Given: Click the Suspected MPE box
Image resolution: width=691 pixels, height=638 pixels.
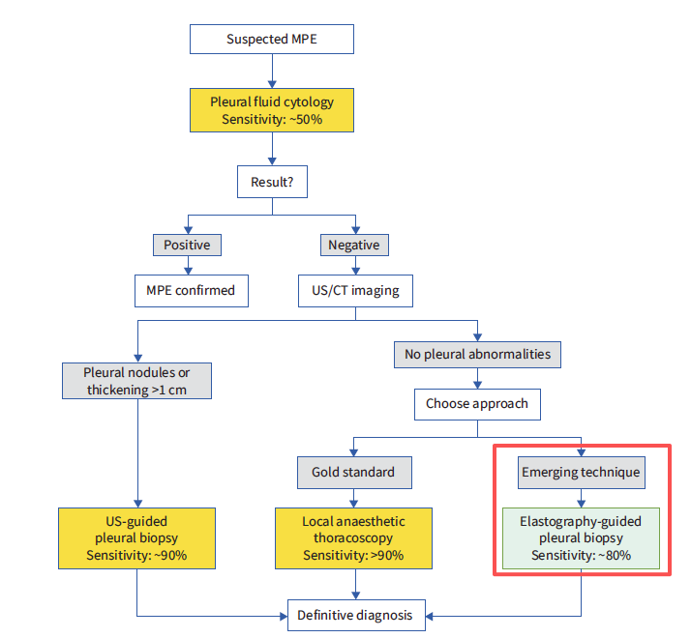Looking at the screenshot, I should [271, 40].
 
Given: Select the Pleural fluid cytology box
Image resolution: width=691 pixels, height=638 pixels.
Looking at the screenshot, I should [271, 109].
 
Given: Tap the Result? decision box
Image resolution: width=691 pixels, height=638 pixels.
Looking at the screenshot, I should [271, 181].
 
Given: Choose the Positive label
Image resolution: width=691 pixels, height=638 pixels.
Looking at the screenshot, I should [187, 246].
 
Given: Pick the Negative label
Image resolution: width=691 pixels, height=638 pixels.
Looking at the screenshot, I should [353, 246].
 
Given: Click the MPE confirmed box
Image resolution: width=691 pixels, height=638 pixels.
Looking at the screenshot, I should [191, 290].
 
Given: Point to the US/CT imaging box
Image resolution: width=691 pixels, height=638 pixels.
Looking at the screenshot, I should [355, 290].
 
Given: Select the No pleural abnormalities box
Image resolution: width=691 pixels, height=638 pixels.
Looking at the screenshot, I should [477, 354].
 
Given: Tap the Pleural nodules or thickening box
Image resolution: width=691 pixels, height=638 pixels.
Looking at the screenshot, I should [136, 381].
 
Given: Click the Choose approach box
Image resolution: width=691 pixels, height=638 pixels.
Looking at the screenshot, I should [477, 403].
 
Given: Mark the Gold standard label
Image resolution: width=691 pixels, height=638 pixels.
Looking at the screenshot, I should [353, 473].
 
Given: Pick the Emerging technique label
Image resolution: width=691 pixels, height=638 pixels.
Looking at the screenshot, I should [580, 473].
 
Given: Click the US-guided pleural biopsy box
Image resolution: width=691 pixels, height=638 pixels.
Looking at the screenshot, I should [136, 538].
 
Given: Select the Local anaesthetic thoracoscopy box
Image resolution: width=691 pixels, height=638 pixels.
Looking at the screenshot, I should [353, 538].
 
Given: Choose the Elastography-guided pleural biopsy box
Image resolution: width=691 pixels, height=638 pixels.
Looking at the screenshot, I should [580, 538].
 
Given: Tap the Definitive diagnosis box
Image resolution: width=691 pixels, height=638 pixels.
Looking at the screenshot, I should [354, 615].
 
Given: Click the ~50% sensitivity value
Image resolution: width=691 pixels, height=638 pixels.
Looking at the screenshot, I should [303, 118].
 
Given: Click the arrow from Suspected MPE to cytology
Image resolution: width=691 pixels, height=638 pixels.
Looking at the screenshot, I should [271, 70].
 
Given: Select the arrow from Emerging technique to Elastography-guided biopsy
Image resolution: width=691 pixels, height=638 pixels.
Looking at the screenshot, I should [580, 497].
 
